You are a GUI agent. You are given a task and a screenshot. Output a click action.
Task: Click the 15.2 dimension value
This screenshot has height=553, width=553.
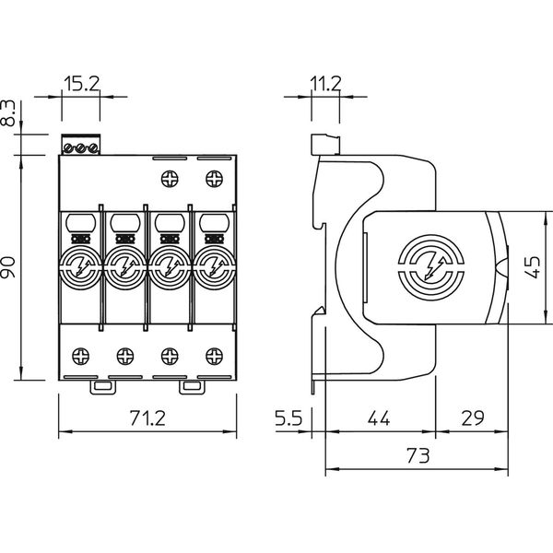[80, 85]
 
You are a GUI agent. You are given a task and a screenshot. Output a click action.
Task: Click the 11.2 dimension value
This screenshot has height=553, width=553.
[325, 85]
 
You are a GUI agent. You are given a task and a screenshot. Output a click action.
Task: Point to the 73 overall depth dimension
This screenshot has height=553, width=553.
[418, 455]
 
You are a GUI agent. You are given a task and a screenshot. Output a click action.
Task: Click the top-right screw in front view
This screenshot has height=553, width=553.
[214, 176]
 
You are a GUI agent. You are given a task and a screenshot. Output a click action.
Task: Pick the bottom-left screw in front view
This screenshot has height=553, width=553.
[80, 353]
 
